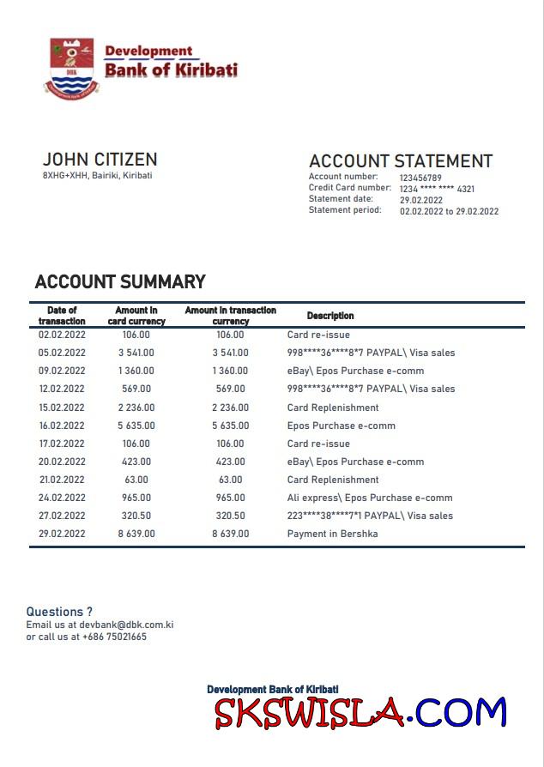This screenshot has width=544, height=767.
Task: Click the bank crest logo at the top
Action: click(72, 66)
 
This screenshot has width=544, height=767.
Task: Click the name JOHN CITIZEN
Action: click(100, 160)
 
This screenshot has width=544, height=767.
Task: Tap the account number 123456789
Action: click(420, 178)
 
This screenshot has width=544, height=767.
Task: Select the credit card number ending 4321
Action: click(437, 189)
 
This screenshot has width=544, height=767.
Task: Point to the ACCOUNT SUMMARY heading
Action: click(120, 281)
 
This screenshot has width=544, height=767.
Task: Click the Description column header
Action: click(330, 316)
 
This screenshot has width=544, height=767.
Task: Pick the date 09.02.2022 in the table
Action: click(62, 371)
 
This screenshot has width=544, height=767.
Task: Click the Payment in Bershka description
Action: click(332, 534)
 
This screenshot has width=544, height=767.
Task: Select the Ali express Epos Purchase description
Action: click(369, 498)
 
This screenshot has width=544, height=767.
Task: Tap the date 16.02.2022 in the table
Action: click(62, 426)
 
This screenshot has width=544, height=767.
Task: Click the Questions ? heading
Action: click(59, 612)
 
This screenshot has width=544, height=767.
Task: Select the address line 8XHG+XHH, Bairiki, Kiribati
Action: click(97, 176)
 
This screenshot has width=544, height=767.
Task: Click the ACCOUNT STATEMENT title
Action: click(401, 161)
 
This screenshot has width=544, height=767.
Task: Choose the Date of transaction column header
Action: click(62, 316)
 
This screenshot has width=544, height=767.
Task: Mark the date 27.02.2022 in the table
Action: click(62, 516)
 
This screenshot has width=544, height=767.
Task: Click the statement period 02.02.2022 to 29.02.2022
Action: click(449, 211)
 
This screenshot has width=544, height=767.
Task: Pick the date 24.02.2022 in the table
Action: click(62, 498)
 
